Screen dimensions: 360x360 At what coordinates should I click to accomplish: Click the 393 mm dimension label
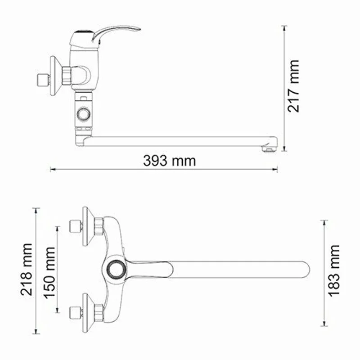coord(170,160)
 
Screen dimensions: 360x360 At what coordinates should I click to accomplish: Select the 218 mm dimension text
coord(27,269)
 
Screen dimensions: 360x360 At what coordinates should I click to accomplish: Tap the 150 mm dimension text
coord(49,269)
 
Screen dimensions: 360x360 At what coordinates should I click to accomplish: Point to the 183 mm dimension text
coord(333,270)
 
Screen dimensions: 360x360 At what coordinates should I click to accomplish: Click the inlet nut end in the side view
coord(42,80)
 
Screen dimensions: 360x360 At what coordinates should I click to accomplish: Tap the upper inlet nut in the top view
coord(74,226)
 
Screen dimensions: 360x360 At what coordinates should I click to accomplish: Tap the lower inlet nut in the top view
coord(74,311)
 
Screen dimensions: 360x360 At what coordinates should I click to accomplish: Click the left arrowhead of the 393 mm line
coord(51,170)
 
